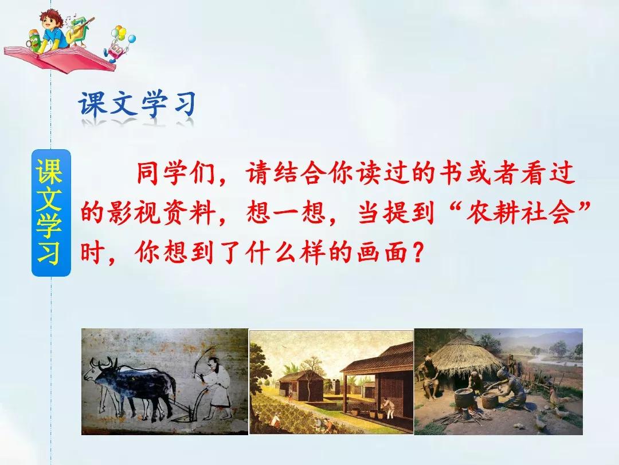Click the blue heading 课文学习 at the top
pyautogui.click(x=137, y=104)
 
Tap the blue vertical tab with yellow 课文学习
pyautogui.click(x=51, y=213)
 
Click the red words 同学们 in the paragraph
pyautogui.click(x=175, y=173)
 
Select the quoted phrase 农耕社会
pyautogui.click(x=520, y=212)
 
